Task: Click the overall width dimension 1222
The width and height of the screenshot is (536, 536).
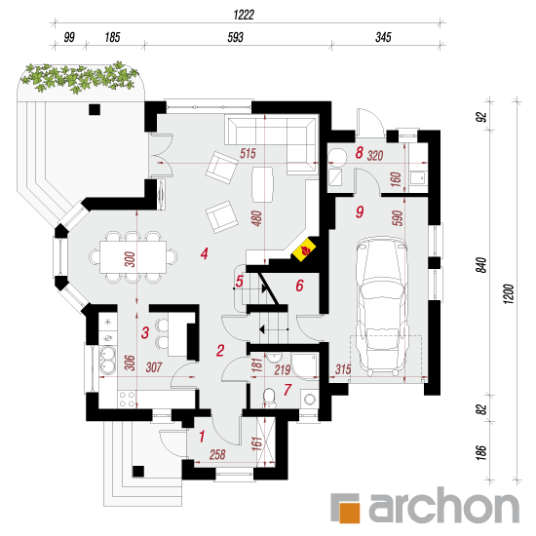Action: point(244,15)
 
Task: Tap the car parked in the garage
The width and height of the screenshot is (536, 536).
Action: point(382,305)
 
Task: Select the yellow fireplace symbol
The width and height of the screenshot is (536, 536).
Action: point(303,249)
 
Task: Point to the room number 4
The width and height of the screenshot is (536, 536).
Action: point(204,253)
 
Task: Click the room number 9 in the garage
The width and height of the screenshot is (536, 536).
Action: point(360,211)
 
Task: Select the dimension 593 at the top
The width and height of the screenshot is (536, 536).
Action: point(235,37)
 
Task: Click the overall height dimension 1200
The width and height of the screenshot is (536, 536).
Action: point(509,294)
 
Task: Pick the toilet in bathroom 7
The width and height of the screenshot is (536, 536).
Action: point(270,398)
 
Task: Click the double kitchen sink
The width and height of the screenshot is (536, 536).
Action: point(107,360)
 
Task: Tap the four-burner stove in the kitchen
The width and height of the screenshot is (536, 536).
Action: point(127,400)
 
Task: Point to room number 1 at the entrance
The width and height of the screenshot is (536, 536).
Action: point(202,437)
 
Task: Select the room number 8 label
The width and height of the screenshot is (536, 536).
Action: point(359,153)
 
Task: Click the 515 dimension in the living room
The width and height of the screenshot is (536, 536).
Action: point(248,153)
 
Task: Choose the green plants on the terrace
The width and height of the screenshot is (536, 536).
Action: point(79,77)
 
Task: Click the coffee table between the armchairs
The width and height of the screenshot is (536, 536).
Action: point(262,184)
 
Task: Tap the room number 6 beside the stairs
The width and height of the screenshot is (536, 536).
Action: point(299,286)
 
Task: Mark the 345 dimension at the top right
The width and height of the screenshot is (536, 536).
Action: point(383,37)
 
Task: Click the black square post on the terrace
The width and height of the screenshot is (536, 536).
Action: point(95,109)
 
